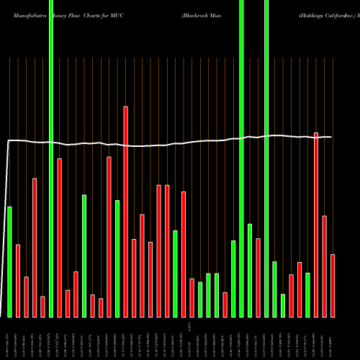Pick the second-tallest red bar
pyautogui.click(x=316, y=225)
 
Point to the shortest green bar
pyautogui.click(x=283, y=305)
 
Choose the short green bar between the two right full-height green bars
pyautogui.click(x=250, y=270)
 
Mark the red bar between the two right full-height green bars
pyautogui.click(x=258, y=277)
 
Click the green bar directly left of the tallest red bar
pyautogui.click(x=117, y=258)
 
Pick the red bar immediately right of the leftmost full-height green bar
pyautogui.click(x=59, y=238)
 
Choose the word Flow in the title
pyautogui.click(x=73, y=14)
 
